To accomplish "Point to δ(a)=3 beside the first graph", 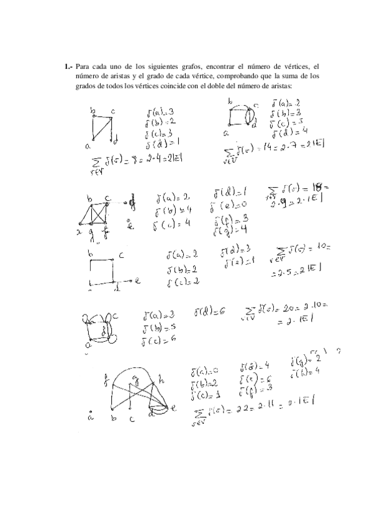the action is tap(160, 112).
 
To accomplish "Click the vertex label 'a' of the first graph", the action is tap(88, 147).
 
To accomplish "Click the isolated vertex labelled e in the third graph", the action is tap(129, 225).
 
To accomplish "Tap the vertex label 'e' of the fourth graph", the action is tap(138, 281).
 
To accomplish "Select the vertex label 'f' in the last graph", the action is tap(107, 375).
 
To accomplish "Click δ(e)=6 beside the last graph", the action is tap(251, 379).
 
